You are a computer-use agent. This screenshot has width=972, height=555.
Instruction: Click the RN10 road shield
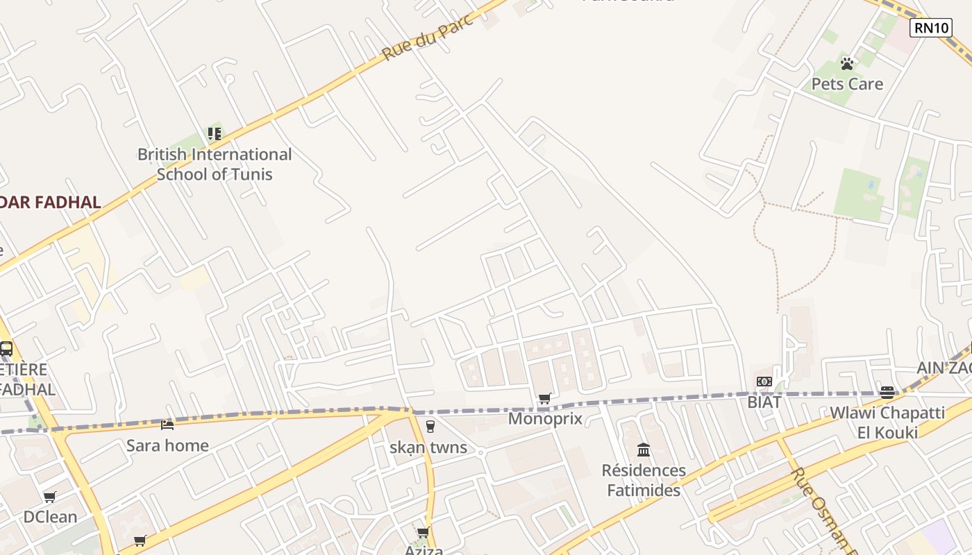point(930,28)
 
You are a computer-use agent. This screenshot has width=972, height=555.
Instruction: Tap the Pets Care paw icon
point(847,64)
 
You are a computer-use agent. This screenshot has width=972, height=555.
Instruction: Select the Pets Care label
point(847,84)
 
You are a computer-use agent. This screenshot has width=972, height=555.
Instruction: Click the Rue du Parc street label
point(428,37)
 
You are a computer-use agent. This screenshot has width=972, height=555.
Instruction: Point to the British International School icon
point(215,133)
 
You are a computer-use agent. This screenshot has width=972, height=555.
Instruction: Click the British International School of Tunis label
point(215,164)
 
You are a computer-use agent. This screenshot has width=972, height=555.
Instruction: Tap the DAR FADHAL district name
point(50,203)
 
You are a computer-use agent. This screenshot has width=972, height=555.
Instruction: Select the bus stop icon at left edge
point(6,349)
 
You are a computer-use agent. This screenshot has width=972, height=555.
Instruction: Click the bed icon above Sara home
point(167,425)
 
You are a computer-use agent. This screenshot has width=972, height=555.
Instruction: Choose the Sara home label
point(167,445)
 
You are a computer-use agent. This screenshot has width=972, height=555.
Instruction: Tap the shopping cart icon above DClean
point(50,497)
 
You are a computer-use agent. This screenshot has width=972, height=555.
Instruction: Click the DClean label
point(50,517)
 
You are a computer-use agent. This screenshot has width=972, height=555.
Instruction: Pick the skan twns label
point(428,447)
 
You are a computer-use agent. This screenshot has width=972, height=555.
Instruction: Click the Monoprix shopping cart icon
point(545,398)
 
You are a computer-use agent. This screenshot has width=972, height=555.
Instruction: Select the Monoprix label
point(545,418)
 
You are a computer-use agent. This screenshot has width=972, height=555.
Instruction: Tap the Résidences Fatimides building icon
point(644,450)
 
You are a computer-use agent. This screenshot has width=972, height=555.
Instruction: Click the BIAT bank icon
point(764,382)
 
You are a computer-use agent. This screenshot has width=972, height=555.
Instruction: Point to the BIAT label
point(764,402)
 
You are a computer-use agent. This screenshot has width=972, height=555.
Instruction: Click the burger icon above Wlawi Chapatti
point(887,392)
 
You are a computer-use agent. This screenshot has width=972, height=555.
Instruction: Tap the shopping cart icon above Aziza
point(423,532)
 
